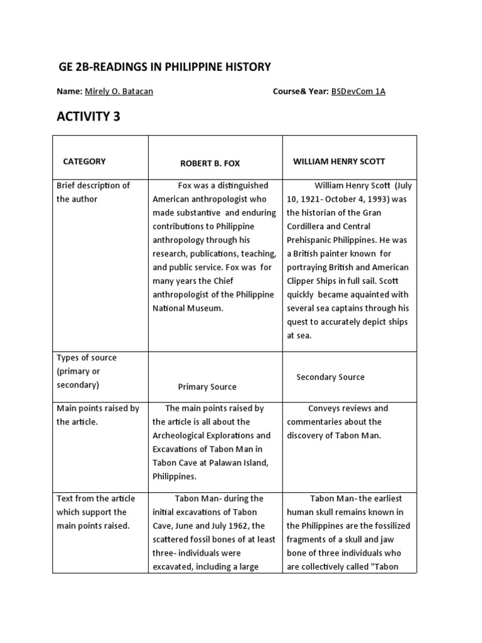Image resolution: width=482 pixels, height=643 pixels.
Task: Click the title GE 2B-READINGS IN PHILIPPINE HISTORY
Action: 164,67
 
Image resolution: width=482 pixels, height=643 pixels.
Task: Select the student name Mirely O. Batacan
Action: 119,92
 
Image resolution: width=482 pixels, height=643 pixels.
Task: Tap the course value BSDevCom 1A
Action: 358,92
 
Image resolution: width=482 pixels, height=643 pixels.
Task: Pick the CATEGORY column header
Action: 84,161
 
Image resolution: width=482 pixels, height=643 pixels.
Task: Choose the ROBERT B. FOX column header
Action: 210,163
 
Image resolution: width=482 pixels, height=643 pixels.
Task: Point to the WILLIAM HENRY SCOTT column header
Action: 339,161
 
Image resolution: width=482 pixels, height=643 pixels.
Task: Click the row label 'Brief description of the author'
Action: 93,192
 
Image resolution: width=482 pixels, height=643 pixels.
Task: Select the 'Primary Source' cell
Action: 207,387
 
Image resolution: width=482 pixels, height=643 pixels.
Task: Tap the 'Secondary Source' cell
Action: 330,377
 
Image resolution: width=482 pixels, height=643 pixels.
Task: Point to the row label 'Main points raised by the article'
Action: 98,415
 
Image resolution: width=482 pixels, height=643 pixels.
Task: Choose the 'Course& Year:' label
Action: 300,92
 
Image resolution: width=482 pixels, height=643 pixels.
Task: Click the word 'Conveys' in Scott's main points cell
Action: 323,408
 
